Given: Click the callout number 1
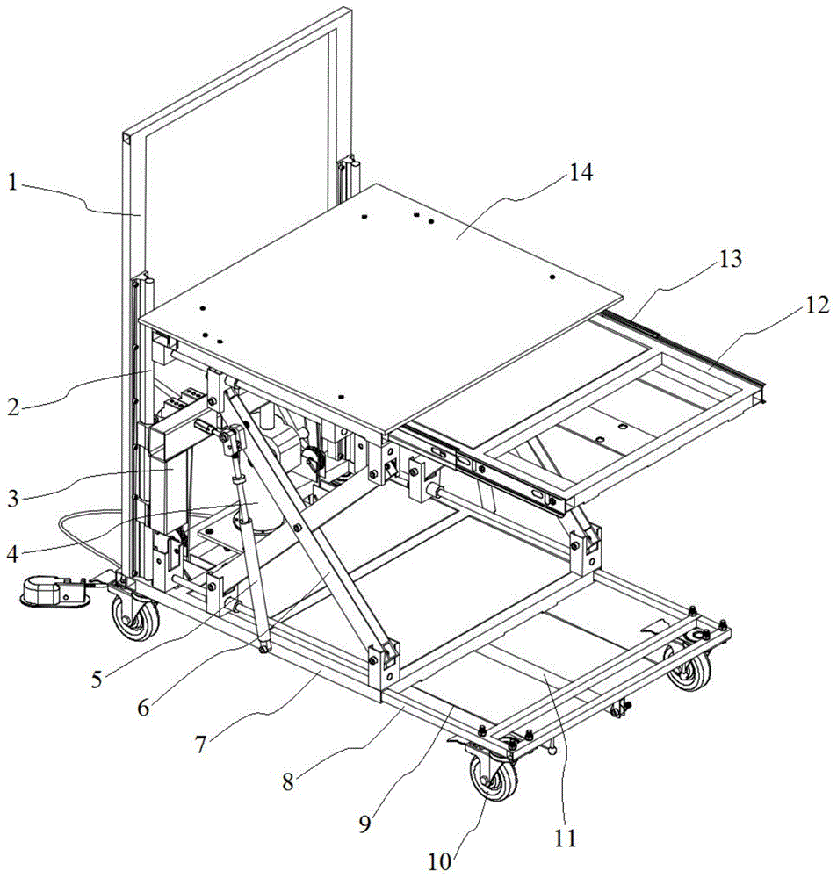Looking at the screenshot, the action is pyautogui.click(x=13, y=183).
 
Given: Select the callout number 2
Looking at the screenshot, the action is pyautogui.click(x=14, y=407).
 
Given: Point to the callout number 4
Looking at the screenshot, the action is pyautogui.click(x=13, y=554).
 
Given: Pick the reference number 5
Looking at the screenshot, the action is pyautogui.click(x=97, y=679).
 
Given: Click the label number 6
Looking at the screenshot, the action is pyautogui.click(x=143, y=708).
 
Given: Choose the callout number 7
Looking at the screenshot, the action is pyautogui.click(x=201, y=745).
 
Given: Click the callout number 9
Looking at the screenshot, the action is pyautogui.click(x=364, y=824).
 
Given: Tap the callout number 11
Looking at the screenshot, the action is pyautogui.click(x=565, y=838).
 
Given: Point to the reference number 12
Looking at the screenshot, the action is pyautogui.click(x=818, y=306).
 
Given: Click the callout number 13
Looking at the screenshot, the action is pyautogui.click(x=730, y=259).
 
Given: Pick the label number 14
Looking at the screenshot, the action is pyautogui.click(x=581, y=173).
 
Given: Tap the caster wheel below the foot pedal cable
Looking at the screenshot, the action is pyautogui.click(x=135, y=617).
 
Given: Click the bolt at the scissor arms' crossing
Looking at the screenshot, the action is pyautogui.click(x=297, y=526).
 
